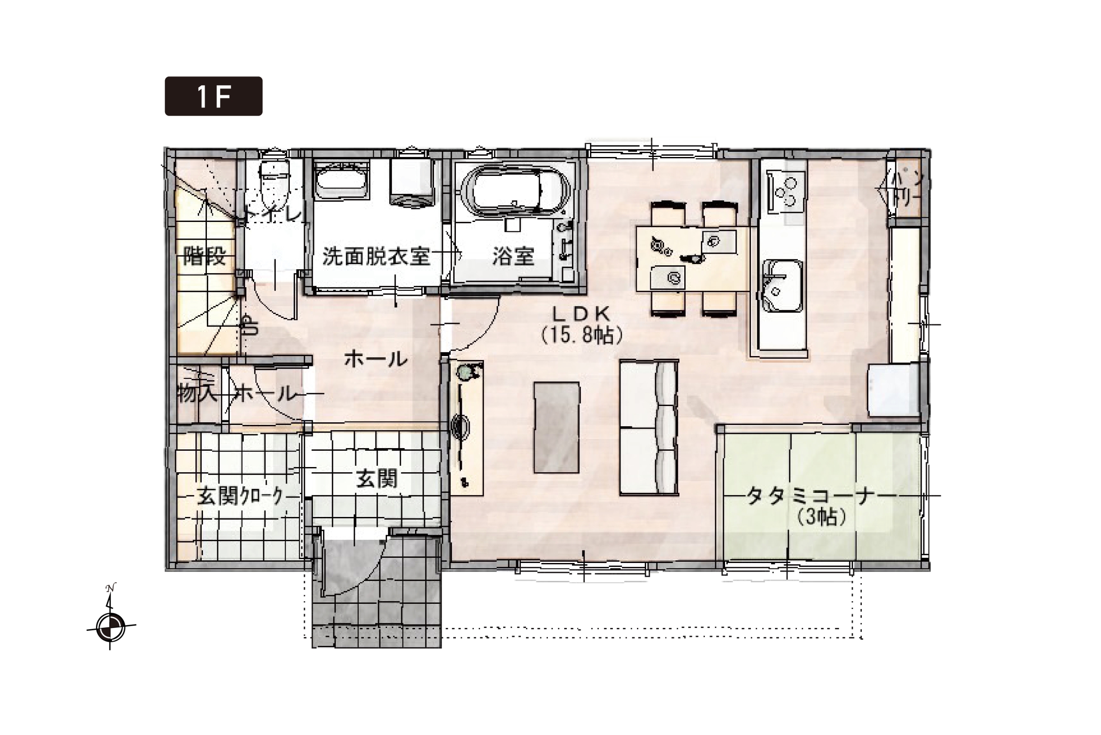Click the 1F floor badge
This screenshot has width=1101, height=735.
(x=213, y=96)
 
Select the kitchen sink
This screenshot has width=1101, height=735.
(x=783, y=286)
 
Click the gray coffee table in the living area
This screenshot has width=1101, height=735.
(x=557, y=427)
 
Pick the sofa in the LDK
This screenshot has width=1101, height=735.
(x=649, y=427)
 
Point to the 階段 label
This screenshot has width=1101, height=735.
(x=205, y=256)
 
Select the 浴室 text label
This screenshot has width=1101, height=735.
(x=513, y=256)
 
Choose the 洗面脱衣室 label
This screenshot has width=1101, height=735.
(x=376, y=256)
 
